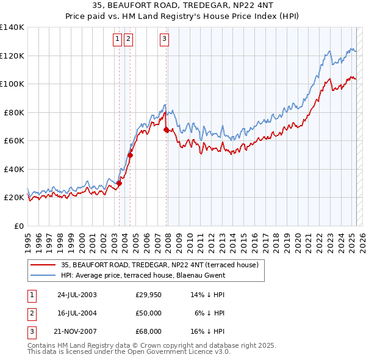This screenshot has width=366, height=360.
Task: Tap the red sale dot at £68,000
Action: point(166,129)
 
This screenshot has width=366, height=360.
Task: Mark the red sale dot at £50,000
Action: point(130,155)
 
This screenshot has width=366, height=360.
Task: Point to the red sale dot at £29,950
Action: point(120,183)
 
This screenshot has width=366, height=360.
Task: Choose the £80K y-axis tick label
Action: point(14,112)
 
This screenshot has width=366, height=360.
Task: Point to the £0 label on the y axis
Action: point(18,226)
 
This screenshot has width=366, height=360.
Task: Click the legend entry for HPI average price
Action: point(143,275)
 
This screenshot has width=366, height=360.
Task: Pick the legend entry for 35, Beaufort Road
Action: point(160,265)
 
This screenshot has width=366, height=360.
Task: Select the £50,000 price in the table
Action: point(149,313)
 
